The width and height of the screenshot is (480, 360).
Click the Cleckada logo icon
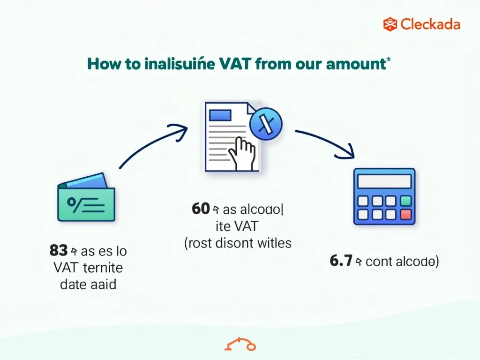pos(390,24)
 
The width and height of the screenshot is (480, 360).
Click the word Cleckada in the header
pos(430,24)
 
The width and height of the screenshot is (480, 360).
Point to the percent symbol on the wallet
pos(74,202)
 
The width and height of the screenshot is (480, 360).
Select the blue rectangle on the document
pos(220,115)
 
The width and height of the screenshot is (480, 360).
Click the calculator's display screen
pos(383,181)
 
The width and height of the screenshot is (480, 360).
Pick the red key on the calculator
pos(406,215)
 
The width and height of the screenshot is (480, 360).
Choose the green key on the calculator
pos(406,201)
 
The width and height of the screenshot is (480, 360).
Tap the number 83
pos(59,251)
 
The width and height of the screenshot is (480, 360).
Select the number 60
pos(200,209)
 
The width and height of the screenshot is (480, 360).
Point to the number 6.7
pos(341,261)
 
